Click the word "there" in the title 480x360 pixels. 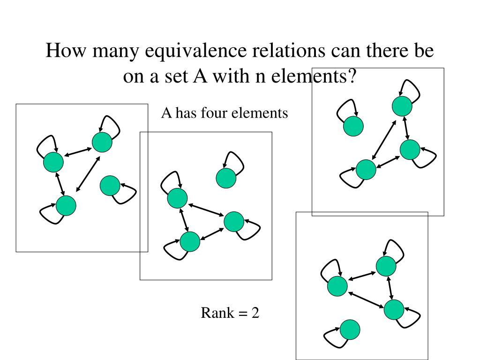click(x=380, y=51)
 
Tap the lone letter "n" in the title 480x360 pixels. click(x=259, y=76)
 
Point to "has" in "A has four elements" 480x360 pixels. click(x=187, y=113)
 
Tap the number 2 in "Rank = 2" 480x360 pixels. click(x=255, y=313)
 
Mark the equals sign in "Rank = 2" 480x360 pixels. click(x=241, y=313)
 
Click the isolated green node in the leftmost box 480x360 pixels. click(x=110, y=186)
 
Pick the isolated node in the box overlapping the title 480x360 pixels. click(x=353, y=126)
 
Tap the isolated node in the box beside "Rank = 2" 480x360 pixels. click(x=350, y=330)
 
